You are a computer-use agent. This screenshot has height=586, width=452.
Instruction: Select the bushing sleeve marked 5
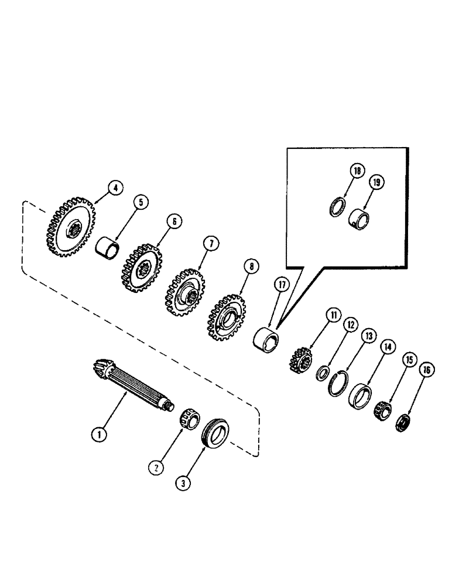coord(108,247)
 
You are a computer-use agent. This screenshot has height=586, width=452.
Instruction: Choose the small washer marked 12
coord(321,373)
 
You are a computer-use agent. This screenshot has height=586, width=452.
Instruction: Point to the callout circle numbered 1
coord(100,435)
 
